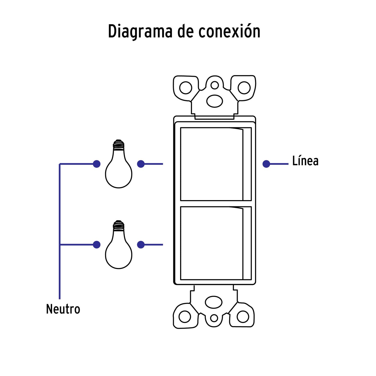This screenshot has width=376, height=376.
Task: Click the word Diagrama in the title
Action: pos(140,31)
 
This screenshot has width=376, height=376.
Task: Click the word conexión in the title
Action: pos(229,31)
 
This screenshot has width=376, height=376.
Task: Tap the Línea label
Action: pos(305,161)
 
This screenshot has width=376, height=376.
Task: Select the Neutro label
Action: pos(63,309)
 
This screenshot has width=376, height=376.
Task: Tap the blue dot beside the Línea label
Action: pos(266,164)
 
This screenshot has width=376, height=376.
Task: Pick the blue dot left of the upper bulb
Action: pos(97,164)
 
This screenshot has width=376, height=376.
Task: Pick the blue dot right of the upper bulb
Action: pos(141,164)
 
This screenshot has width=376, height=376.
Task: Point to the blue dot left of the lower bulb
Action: pos(97,245)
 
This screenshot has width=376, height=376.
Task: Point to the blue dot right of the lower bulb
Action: pos(141,245)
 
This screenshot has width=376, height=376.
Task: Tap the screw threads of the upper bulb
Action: pos(118,145)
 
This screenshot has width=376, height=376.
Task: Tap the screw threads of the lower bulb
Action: pos(118,225)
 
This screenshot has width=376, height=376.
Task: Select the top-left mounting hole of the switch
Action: pos(186,88)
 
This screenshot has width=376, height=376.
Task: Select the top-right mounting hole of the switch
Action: pos(244,88)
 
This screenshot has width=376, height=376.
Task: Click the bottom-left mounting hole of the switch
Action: pos(185,316)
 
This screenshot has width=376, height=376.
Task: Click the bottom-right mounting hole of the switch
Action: pos(243,316)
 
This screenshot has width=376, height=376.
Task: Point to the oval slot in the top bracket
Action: pos(215,101)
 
